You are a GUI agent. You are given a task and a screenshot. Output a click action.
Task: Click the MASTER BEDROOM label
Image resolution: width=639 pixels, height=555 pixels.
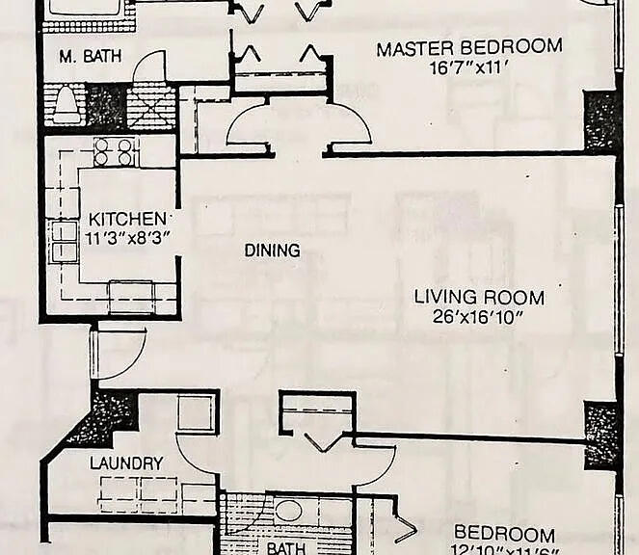point(468,47)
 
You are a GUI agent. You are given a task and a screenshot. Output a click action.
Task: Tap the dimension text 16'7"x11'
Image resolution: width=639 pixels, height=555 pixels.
point(468,66)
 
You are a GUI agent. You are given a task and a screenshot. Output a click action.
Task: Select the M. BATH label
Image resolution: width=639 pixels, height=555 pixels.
point(90,57)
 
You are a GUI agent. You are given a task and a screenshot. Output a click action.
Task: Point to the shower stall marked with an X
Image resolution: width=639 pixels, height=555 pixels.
point(150,106)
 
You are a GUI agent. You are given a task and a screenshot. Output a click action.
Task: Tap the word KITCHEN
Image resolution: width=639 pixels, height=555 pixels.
point(127,219)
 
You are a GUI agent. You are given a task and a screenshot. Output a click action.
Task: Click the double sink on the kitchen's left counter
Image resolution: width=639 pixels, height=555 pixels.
point(64,241)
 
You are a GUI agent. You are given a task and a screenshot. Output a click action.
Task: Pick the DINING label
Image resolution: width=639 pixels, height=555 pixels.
point(272,251)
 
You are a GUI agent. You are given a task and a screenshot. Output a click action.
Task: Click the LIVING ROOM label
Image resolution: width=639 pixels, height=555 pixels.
point(479,297)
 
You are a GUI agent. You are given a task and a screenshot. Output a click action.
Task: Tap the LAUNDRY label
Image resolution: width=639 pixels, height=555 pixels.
point(126,463)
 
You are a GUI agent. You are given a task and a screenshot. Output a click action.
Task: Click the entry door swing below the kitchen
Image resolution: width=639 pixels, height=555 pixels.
point(118,352)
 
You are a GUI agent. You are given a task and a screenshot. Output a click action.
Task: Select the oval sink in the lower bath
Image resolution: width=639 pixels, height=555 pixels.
point(288,511)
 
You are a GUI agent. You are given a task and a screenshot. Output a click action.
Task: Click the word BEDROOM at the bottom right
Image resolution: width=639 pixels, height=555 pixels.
point(504,534)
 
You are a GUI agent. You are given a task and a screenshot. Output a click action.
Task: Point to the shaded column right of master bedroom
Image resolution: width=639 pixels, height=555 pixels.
point(602,120)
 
